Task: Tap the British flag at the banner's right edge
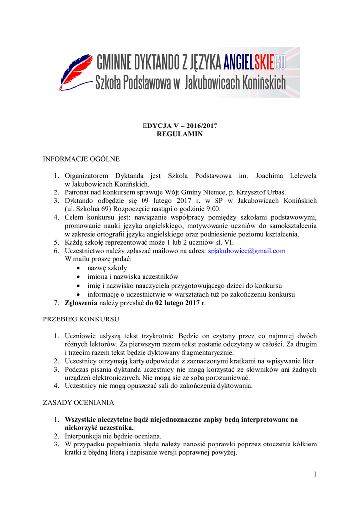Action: coord(290,71)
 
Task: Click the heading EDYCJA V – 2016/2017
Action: coord(180,126)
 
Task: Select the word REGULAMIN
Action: coord(180,134)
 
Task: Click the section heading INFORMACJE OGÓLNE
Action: coord(80,159)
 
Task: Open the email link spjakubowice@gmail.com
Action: coord(246,251)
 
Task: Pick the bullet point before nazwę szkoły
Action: coord(79,268)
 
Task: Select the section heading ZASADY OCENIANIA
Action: coord(78,402)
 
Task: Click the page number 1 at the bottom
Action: coord(315,474)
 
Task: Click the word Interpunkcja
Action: coord(85,436)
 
